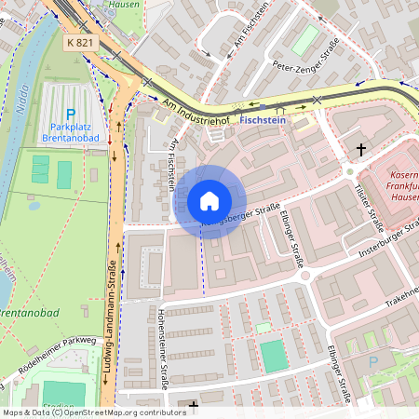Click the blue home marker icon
(x=209, y=201)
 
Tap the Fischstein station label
(x=263, y=120)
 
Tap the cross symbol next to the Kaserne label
(x=360, y=149)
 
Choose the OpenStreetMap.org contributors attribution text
(x=121, y=412)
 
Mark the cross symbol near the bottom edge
(x=193, y=405)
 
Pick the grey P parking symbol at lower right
(x=374, y=361)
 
